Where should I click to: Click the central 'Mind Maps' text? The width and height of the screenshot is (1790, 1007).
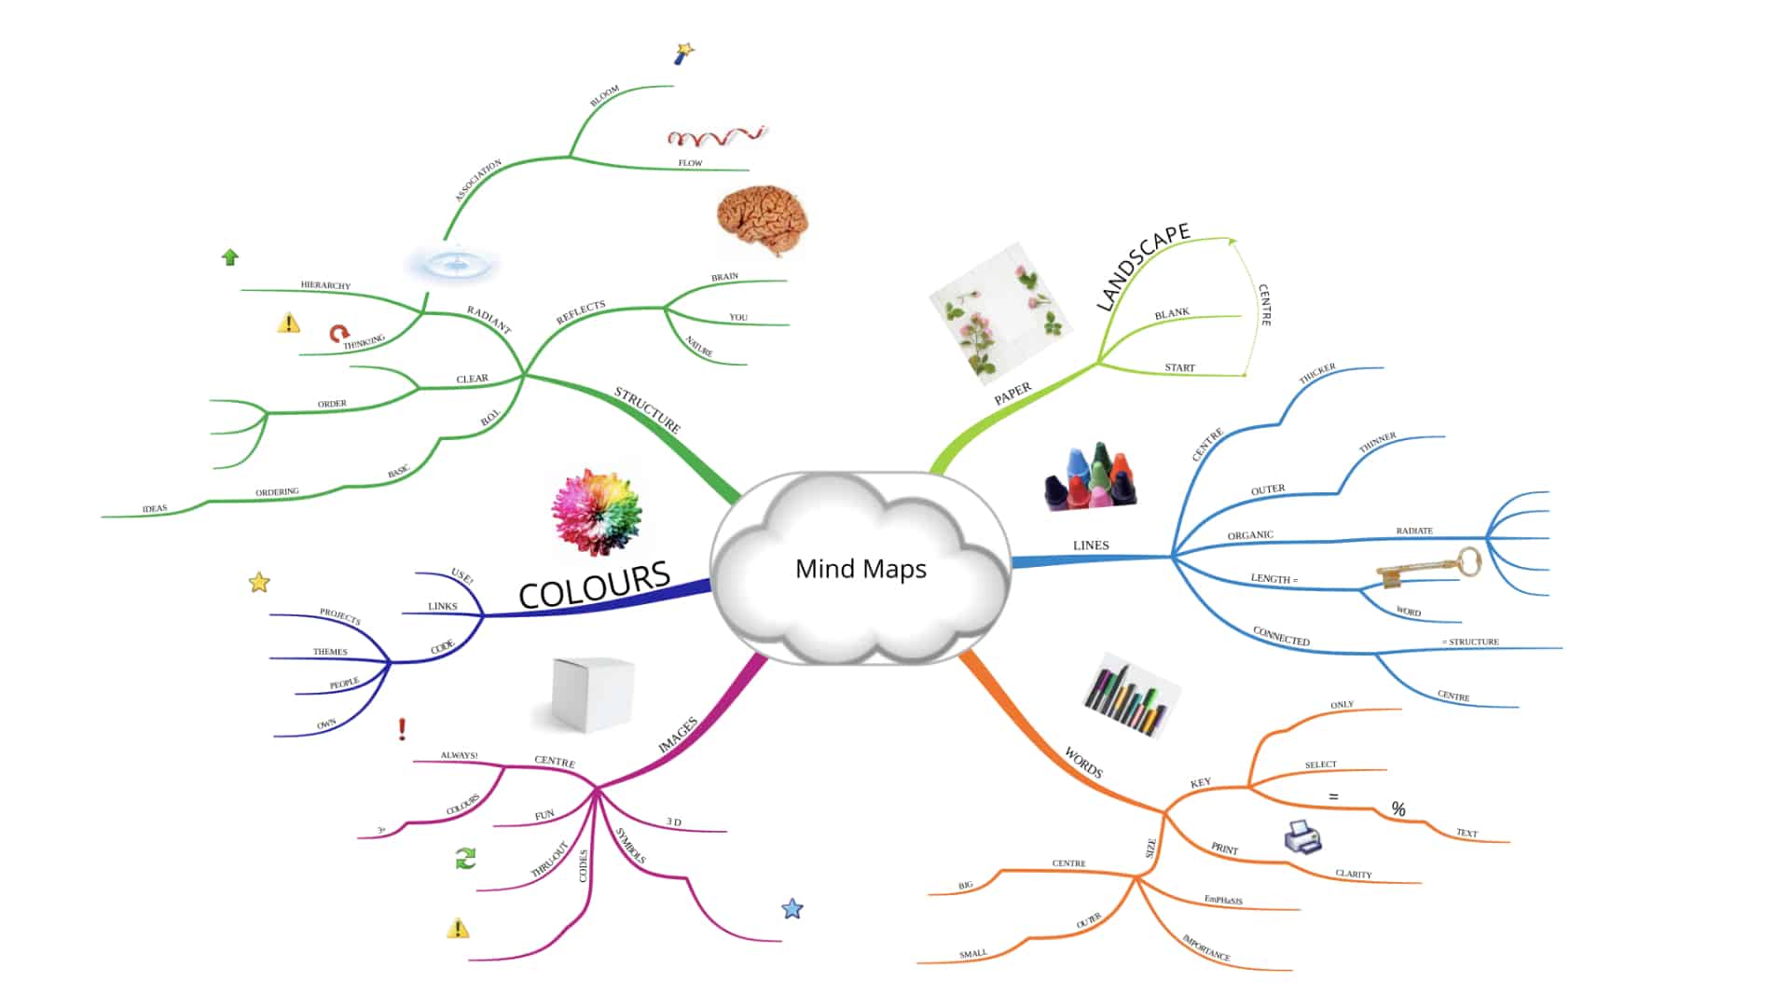tap(861, 569)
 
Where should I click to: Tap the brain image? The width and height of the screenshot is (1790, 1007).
tap(762, 221)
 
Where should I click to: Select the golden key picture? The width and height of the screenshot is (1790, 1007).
tap(1428, 567)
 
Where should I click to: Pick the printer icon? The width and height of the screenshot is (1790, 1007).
tap(1302, 836)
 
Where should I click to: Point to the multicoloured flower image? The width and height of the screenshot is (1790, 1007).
tap(597, 512)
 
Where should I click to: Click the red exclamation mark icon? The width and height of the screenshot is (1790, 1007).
tap(402, 728)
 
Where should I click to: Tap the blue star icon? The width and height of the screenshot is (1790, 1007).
tap(792, 908)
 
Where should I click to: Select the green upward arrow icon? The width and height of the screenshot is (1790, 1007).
tap(230, 257)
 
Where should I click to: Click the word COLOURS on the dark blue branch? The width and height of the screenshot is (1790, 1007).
tap(594, 584)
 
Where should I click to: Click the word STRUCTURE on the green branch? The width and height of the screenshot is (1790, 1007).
tap(647, 409)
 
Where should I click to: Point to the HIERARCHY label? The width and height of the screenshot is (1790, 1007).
tap(325, 285)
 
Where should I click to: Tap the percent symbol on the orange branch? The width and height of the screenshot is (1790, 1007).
tap(1398, 808)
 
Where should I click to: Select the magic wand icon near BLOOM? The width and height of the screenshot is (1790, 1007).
tap(684, 53)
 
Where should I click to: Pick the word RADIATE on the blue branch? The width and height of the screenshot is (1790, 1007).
tap(1413, 531)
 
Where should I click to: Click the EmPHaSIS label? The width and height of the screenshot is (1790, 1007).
tap(1223, 900)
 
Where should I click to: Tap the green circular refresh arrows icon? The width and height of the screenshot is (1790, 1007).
tap(465, 858)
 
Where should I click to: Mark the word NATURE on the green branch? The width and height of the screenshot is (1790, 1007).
tap(699, 346)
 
